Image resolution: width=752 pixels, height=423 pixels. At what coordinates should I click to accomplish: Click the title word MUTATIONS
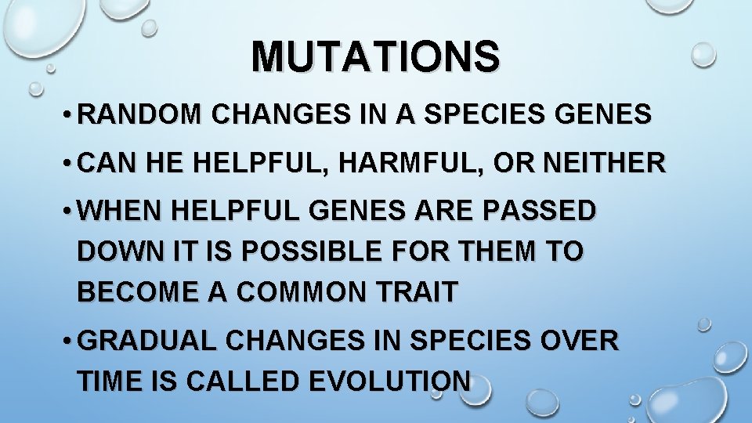coord(375,56)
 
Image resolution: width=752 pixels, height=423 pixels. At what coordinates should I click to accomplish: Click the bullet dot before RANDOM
coord(69,116)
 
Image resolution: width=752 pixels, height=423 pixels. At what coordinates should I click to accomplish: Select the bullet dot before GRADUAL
coord(69,342)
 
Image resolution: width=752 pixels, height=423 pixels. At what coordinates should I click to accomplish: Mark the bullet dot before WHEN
coord(69,212)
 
